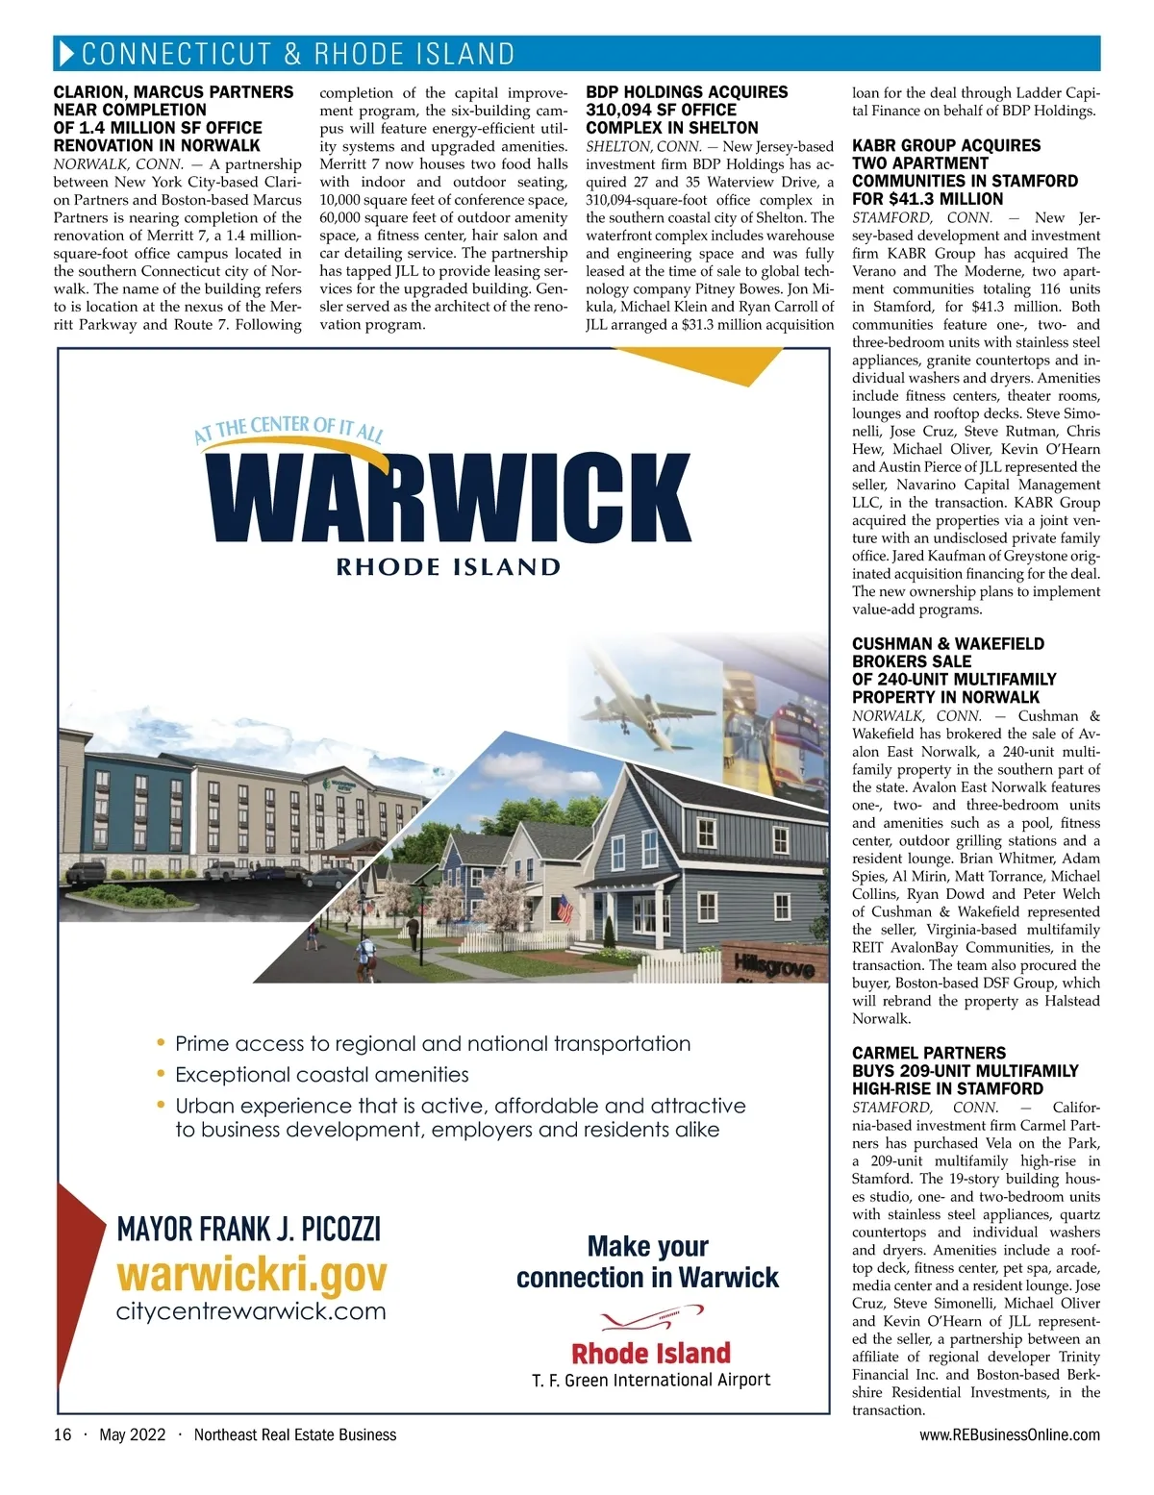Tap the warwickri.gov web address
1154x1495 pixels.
coord(251,1275)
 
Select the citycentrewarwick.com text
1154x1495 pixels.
coord(251,1311)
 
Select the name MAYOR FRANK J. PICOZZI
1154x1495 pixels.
coord(248,1229)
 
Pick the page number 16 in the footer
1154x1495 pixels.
coord(63,1434)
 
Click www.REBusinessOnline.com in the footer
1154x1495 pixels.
coord(1010,1434)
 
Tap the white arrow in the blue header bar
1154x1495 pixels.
coord(66,54)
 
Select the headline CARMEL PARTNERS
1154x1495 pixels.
coord(929,1053)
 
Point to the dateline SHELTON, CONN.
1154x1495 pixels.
coord(642,147)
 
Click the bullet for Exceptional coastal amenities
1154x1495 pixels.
coord(161,1075)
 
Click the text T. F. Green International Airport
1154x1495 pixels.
coord(651,1380)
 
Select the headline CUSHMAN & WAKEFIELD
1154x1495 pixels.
coord(947,643)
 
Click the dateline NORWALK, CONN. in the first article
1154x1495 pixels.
coord(118,164)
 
